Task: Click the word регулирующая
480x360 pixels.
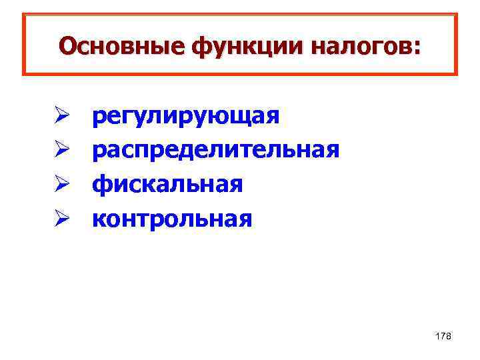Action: [x=185, y=116]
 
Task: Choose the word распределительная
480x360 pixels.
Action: [x=215, y=150]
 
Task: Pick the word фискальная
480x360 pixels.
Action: [x=167, y=184]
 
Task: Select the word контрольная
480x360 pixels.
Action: [x=172, y=218]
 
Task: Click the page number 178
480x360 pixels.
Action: [x=443, y=336]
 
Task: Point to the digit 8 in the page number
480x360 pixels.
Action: [x=449, y=336]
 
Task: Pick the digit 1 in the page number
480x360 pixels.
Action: [x=437, y=336]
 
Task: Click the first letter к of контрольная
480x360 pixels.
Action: [x=97, y=219]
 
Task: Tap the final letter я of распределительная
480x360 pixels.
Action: [x=333, y=151]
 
